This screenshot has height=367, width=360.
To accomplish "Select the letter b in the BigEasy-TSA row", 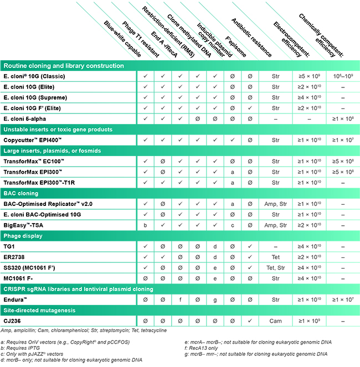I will pyautogui.click(x=146, y=225).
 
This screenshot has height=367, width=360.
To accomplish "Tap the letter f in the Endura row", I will pyautogui.click(x=180, y=299).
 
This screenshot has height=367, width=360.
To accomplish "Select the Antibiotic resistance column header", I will pyautogui.click(x=251, y=38).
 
